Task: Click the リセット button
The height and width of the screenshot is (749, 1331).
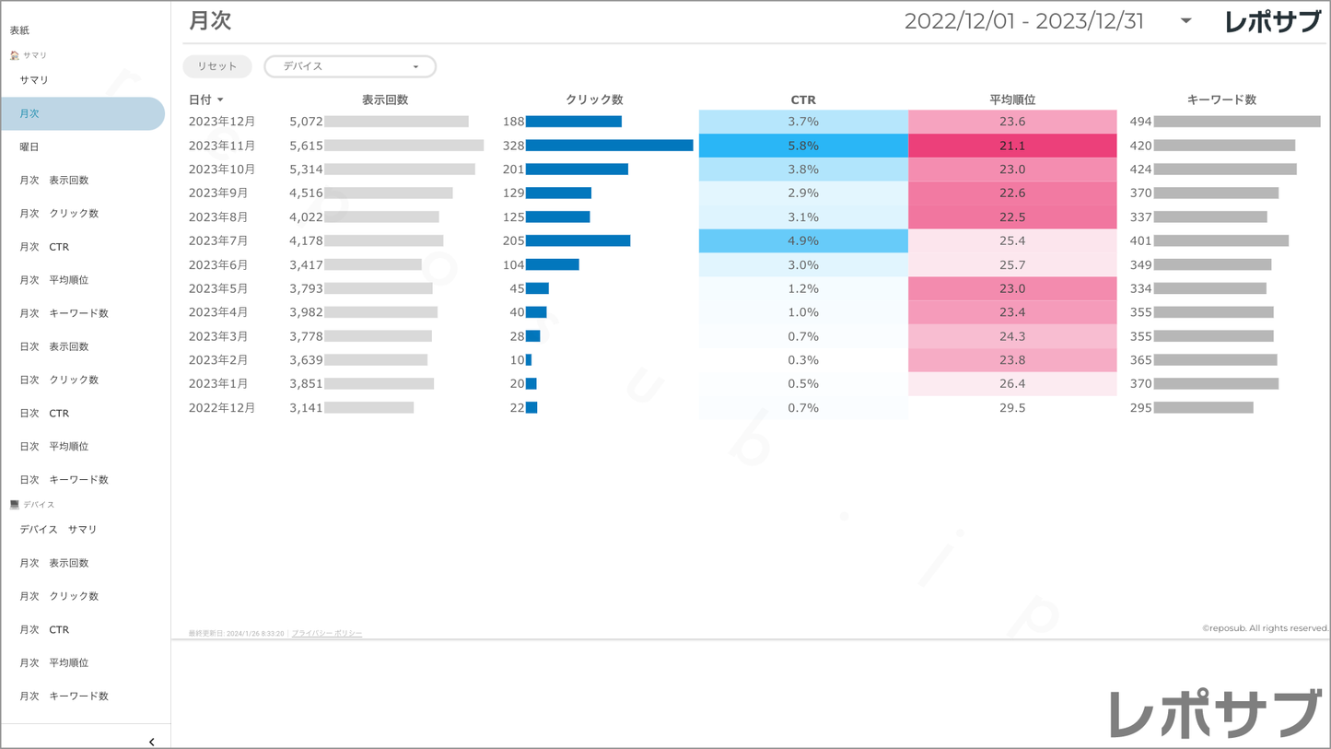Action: (x=217, y=66)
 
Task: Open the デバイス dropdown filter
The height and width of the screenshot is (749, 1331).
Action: (x=350, y=66)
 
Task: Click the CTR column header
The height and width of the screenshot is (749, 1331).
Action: (x=803, y=99)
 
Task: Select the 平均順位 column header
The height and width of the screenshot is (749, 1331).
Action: (x=1012, y=99)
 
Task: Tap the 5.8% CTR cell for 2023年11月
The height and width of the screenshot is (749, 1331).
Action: (x=803, y=146)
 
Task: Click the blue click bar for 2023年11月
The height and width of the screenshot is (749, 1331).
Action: (x=609, y=146)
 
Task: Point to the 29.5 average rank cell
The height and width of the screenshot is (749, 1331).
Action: (x=1012, y=407)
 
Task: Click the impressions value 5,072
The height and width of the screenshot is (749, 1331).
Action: (x=306, y=122)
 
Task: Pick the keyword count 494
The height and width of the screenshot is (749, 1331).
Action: (x=1141, y=122)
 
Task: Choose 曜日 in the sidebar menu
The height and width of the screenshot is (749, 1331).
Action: (x=29, y=146)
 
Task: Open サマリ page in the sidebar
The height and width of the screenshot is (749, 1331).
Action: (x=34, y=80)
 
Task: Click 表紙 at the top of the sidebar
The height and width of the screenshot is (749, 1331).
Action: (x=19, y=30)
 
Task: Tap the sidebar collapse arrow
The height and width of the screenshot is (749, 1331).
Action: (x=152, y=742)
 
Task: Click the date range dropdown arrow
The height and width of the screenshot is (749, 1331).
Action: (x=1186, y=21)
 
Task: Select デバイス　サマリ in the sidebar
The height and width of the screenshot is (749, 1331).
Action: (x=58, y=530)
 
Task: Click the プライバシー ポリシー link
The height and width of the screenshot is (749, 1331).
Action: (x=327, y=634)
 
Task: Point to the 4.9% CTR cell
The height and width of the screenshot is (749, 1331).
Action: (x=803, y=240)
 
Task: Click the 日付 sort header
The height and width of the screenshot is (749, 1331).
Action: (x=205, y=99)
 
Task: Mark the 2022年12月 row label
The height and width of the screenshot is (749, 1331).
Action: (x=222, y=407)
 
